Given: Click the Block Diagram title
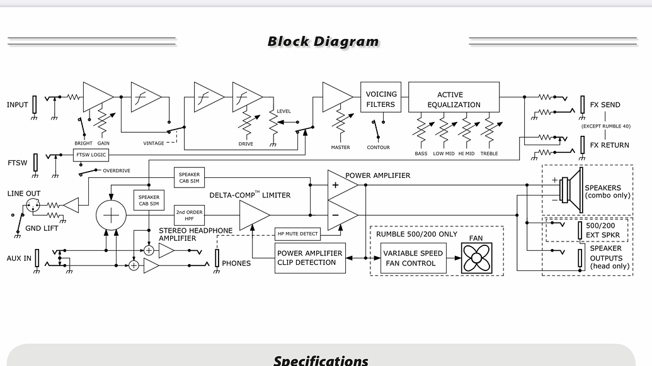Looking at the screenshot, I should pos(323,42).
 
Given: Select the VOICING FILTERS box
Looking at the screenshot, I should pos(380,99).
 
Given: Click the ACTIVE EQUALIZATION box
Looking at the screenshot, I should pos(454,99).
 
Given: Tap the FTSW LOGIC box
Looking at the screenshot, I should pos(91,155).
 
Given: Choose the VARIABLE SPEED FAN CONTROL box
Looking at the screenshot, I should pos(413,258).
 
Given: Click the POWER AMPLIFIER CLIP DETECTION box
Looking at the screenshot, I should pos(310,258).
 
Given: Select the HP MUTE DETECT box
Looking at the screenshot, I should pos(297,234).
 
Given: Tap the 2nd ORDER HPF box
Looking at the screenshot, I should pos(189,216).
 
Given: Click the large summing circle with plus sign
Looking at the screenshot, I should pos(111,216).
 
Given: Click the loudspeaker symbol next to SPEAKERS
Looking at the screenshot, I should pos(571,187).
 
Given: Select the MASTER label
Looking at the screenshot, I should pos(340,148).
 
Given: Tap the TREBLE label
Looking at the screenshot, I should pos(489,153).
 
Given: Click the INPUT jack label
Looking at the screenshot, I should pos(17,104).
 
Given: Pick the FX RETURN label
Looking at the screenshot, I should pos(609,145).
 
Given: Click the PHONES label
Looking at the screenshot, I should pos(236,263).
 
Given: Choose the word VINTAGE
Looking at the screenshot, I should pos(154,143).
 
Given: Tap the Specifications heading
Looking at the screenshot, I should pos(321,360).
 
